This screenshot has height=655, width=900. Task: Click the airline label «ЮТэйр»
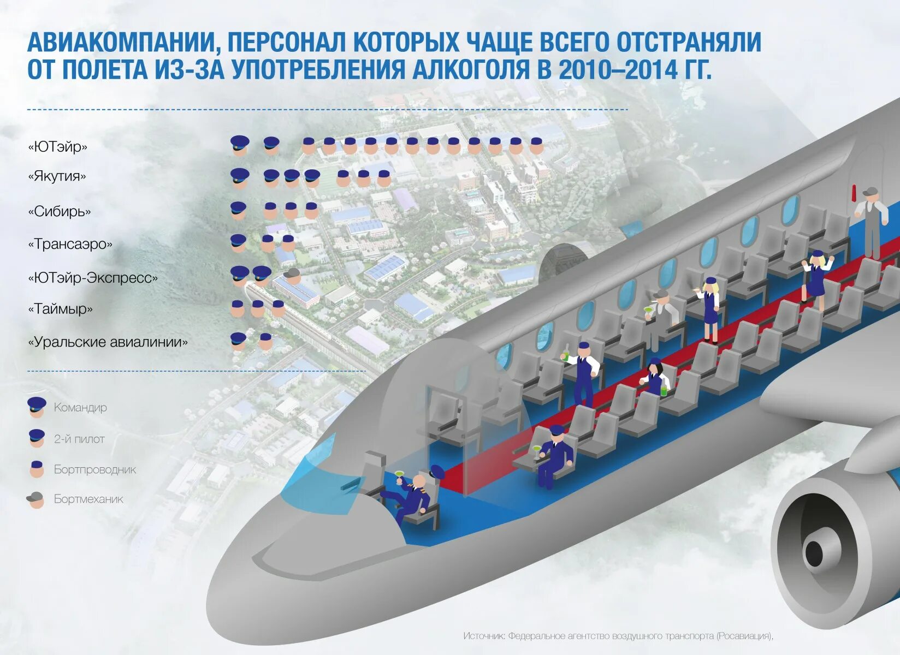point(57,147)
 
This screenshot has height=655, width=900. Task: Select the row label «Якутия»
point(57,176)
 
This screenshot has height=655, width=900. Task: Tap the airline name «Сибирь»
point(60,211)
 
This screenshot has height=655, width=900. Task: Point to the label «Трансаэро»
point(70,244)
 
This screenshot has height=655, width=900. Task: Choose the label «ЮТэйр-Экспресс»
point(93,278)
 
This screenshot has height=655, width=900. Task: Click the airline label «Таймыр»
point(60,309)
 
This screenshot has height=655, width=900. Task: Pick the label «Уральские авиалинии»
point(108,342)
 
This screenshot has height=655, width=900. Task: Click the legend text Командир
point(80,407)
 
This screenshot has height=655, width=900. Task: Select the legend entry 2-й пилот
point(79,439)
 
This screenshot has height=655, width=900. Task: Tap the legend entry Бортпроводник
point(94,469)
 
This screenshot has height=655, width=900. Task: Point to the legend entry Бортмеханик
point(88,499)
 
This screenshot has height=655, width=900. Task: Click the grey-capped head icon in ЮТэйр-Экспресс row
point(292,275)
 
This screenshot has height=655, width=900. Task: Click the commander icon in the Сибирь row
point(238,210)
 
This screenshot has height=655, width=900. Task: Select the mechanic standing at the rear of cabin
point(871,216)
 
